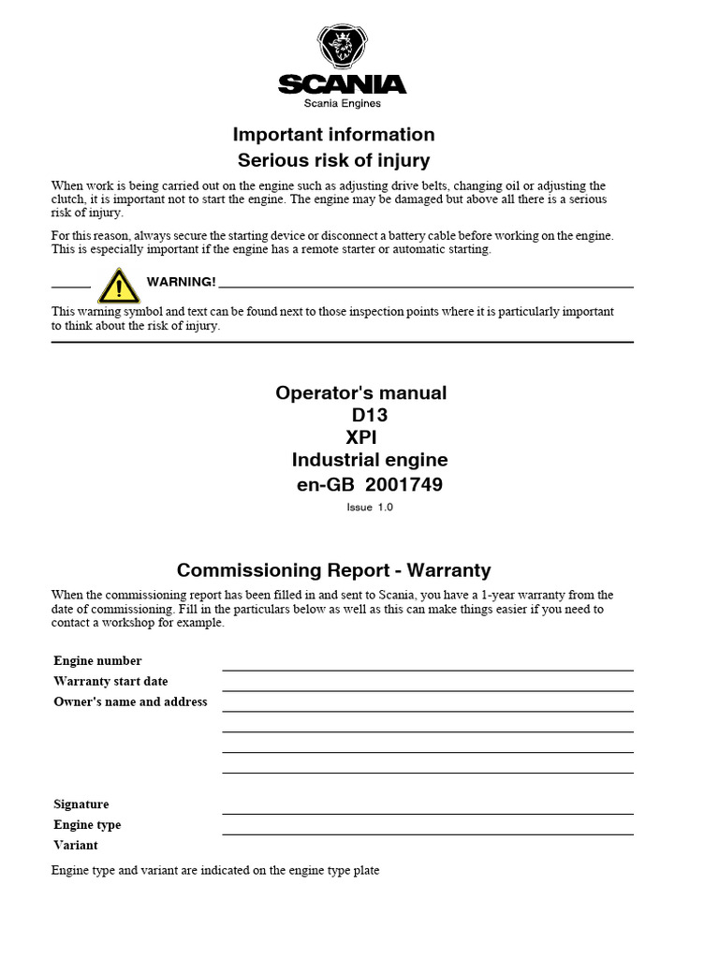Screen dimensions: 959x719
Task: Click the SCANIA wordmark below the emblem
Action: tap(343, 85)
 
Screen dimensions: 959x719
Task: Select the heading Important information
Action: tap(334, 134)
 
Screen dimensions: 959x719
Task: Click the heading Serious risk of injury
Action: tap(334, 160)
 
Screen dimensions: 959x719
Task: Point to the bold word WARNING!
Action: tap(182, 282)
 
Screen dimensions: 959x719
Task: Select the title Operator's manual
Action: tap(360, 392)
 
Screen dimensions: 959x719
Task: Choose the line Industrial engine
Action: tap(370, 460)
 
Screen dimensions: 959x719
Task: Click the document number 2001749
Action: tap(404, 484)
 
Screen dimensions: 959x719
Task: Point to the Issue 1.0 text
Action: tap(370, 507)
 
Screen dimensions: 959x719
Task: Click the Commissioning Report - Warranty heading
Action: tap(334, 569)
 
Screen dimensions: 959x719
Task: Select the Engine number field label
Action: tap(98, 661)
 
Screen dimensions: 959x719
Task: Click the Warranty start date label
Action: tap(111, 682)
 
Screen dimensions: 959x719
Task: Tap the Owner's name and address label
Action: tap(131, 702)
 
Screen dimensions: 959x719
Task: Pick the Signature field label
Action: tap(81, 804)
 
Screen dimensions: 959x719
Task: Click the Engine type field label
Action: tap(88, 825)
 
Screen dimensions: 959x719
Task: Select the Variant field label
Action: tap(76, 846)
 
